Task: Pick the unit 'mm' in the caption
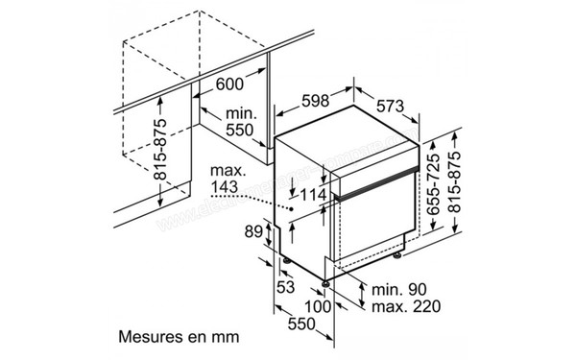pyautogui.click(x=223, y=337)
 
